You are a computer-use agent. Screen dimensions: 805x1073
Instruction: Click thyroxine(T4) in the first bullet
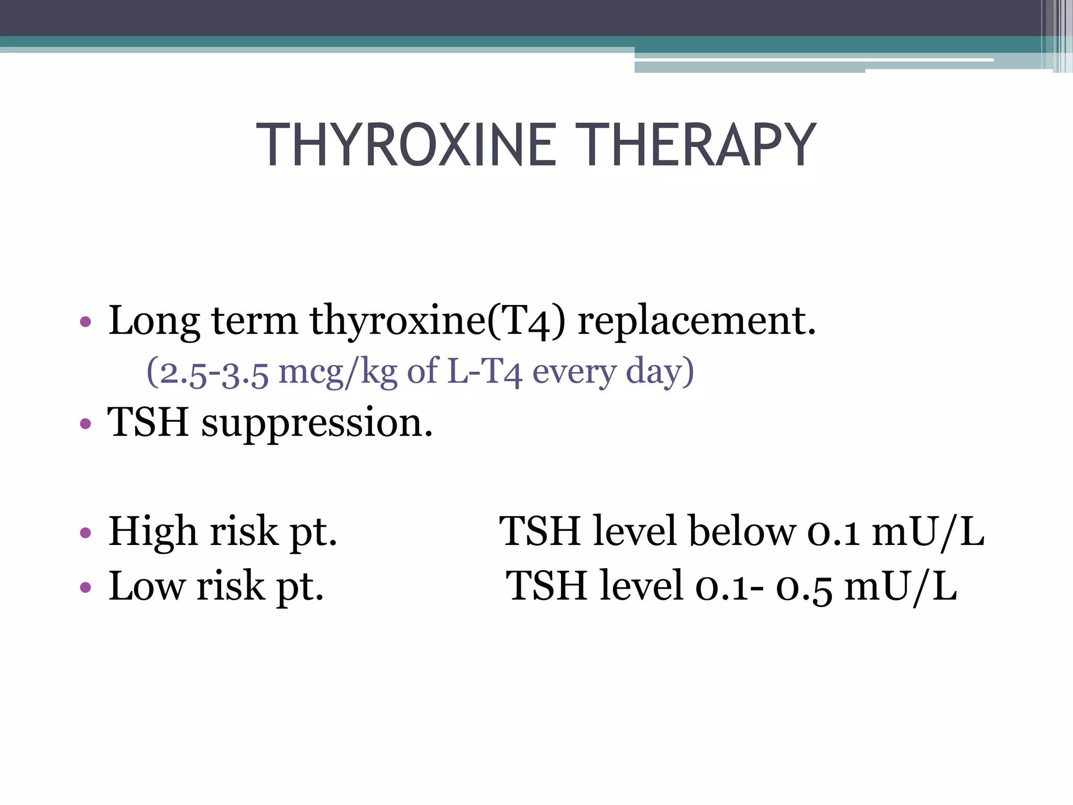pos(437,321)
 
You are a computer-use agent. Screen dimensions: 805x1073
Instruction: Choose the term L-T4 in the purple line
pos(485,372)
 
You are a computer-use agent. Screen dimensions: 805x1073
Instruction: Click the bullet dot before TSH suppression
pos(85,423)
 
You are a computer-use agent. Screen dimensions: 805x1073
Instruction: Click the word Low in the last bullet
pos(146,586)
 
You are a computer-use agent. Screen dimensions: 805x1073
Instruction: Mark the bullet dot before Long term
pos(85,321)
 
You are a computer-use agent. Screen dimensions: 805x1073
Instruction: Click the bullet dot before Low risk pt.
pos(85,588)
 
